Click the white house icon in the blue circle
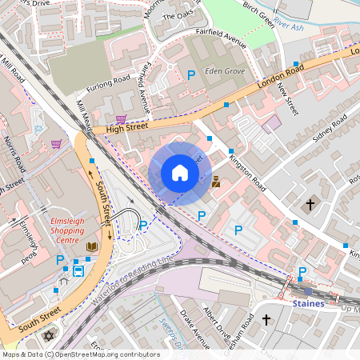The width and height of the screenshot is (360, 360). (180, 172)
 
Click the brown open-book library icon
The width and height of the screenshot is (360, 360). (93, 246)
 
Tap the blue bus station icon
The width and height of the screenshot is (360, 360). (78, 270)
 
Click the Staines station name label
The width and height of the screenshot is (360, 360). (308, 304)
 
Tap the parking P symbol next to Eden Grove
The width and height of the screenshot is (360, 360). (191, 74)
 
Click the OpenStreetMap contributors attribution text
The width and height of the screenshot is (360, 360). (80, 354)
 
